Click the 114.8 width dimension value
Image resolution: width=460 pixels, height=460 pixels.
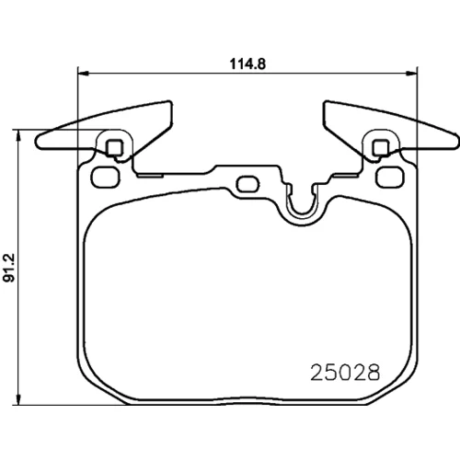pyautogui.click(x=247, y=64)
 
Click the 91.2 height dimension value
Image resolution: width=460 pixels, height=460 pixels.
pyautogui.click(x=9, y=268)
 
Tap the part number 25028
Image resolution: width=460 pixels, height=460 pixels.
pyautogui.click(x=345, y=373)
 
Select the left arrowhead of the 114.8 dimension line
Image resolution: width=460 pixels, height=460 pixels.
pyautogui.click(x=83, y=73)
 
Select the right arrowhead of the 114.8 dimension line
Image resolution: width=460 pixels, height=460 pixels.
pyautogui.click(x=412, y=73)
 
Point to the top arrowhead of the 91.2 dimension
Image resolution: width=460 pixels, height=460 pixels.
pyautogui.click(x=19, y=135)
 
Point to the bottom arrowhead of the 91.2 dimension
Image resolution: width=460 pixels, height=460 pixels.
pyautogui.click(x=19, y=399)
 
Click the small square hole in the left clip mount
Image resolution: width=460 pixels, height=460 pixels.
pyautogui.click(x=115, y=147)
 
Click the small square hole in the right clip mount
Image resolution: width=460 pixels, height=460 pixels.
pyautogui.click(x=381, y=147)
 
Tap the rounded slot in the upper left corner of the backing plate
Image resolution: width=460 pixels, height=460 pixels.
pyautogui.click(x=105, y=178)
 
